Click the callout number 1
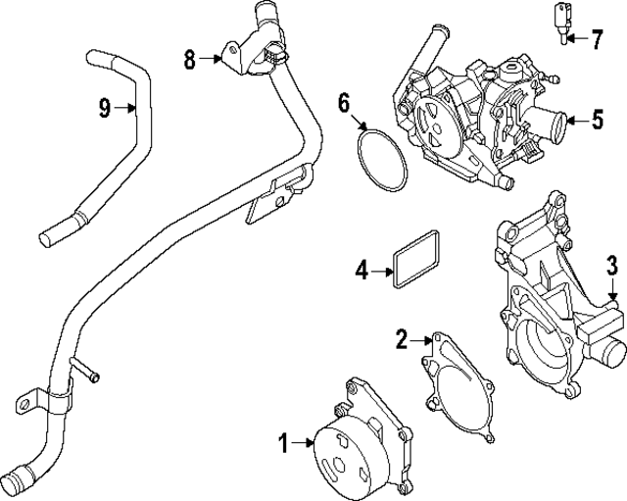pyautogui.click(x=283, y=444)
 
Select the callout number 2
pyautogui.click(x=401, y=340)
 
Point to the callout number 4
pyautogui.click(x=361, y=269)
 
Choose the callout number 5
pyautogui.click(x=597, y=121)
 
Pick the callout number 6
pyautogui.click(x=344, y=102)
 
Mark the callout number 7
pyautogui.click(x=597, y=39)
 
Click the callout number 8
pyautogui.click(x=191, y=60)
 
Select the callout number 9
pyautogui.click(x=104, y=108)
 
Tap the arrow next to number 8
pyautogui.click(x=217, y=60)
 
